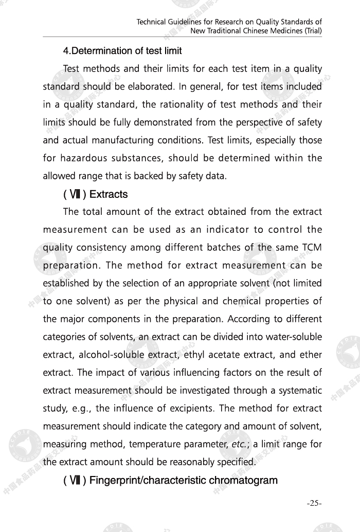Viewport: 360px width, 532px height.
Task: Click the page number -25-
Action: [314, 503]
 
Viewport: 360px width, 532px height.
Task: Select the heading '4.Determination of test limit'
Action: [122, 51]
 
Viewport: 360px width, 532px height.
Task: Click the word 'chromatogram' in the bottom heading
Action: [241, 481]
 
